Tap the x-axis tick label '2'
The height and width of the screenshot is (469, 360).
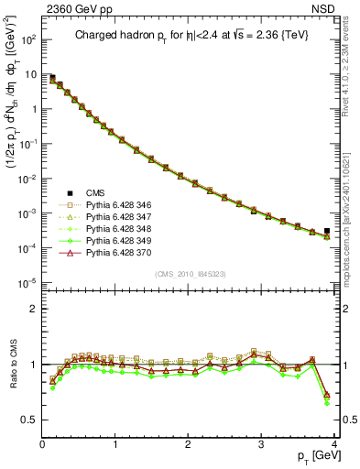point(188,444)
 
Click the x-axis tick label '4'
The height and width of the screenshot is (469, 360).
point(334,444)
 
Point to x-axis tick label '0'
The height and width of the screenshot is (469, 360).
point(42,444)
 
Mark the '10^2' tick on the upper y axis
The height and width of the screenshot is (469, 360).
point(28,41)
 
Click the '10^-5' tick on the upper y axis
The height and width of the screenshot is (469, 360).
point(28,281)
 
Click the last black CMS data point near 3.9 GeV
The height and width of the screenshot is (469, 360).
point(327,231)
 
